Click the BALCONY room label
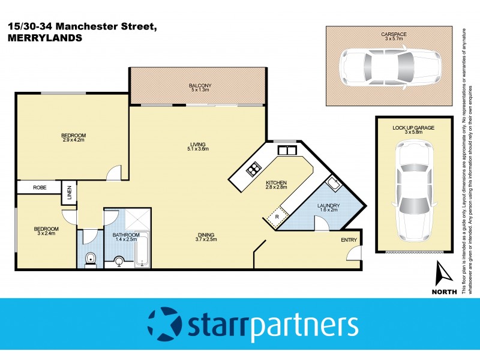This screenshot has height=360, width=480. pos(199,85)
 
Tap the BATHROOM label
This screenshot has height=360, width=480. pos(127,235)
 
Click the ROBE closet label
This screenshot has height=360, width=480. pos(40,188)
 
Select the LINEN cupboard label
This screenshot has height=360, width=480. pos(70,193)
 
